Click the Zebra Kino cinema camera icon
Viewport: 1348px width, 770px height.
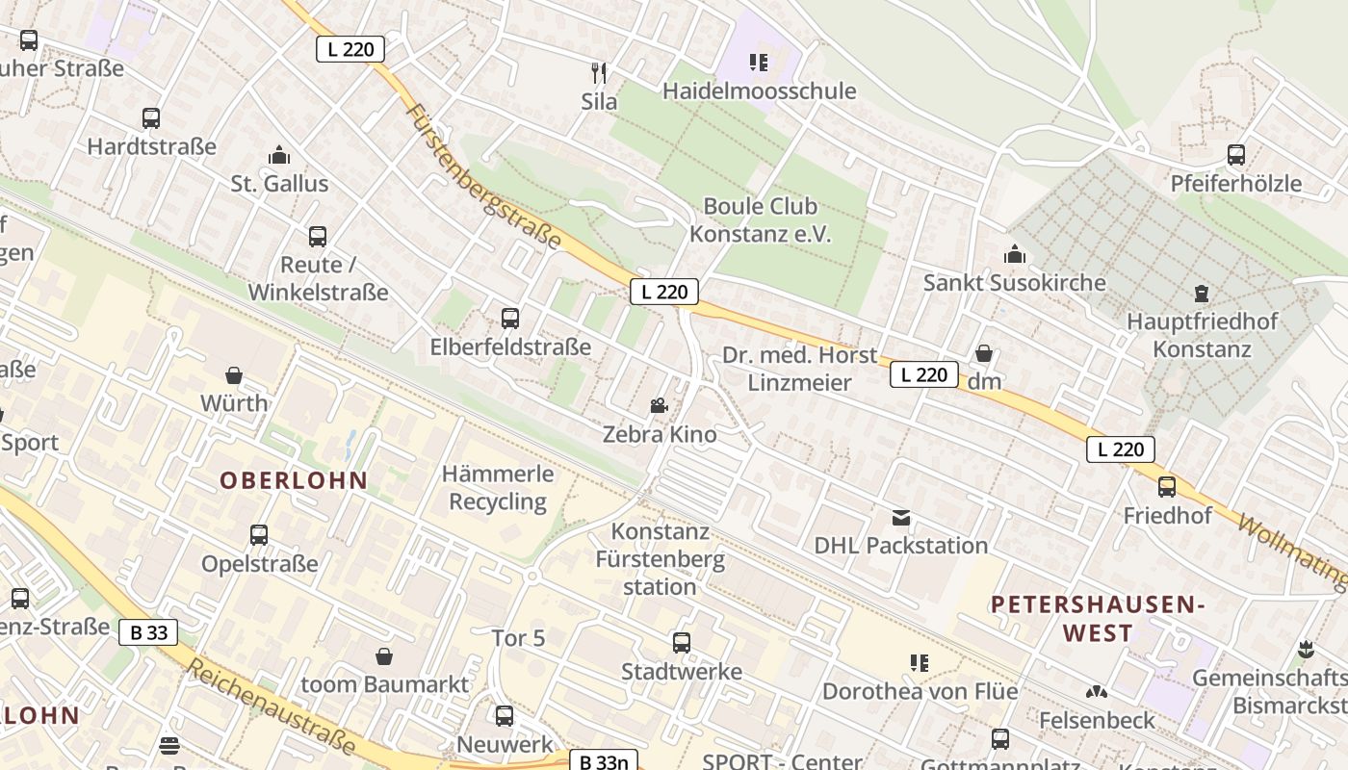point(659,406)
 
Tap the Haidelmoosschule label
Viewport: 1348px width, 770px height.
point(759,91)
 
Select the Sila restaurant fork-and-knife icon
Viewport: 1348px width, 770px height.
point(599,72)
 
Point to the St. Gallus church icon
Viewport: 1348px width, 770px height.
point(279,155)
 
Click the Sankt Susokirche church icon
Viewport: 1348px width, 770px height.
point(1014,254)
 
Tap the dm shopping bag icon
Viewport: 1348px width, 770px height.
point(983,354)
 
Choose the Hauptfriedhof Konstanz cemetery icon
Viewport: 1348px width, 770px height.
point(1201,293)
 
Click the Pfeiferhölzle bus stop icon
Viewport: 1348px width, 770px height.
point(1235,154)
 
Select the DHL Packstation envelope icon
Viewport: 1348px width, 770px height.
point(900,518)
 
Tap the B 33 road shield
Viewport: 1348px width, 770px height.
point(148,632)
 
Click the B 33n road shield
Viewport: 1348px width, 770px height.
point(603,762)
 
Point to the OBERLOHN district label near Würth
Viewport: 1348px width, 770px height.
point(294,480)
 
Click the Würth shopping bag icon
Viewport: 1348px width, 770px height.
point(233,374)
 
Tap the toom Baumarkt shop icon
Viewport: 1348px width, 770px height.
point(384,656)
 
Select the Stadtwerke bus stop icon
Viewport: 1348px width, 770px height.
point(681,642)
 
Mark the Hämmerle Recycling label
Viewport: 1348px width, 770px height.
point(498,488)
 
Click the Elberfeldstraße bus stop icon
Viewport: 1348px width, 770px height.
point(509,318)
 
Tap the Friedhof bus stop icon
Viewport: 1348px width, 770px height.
point(1167,486)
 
